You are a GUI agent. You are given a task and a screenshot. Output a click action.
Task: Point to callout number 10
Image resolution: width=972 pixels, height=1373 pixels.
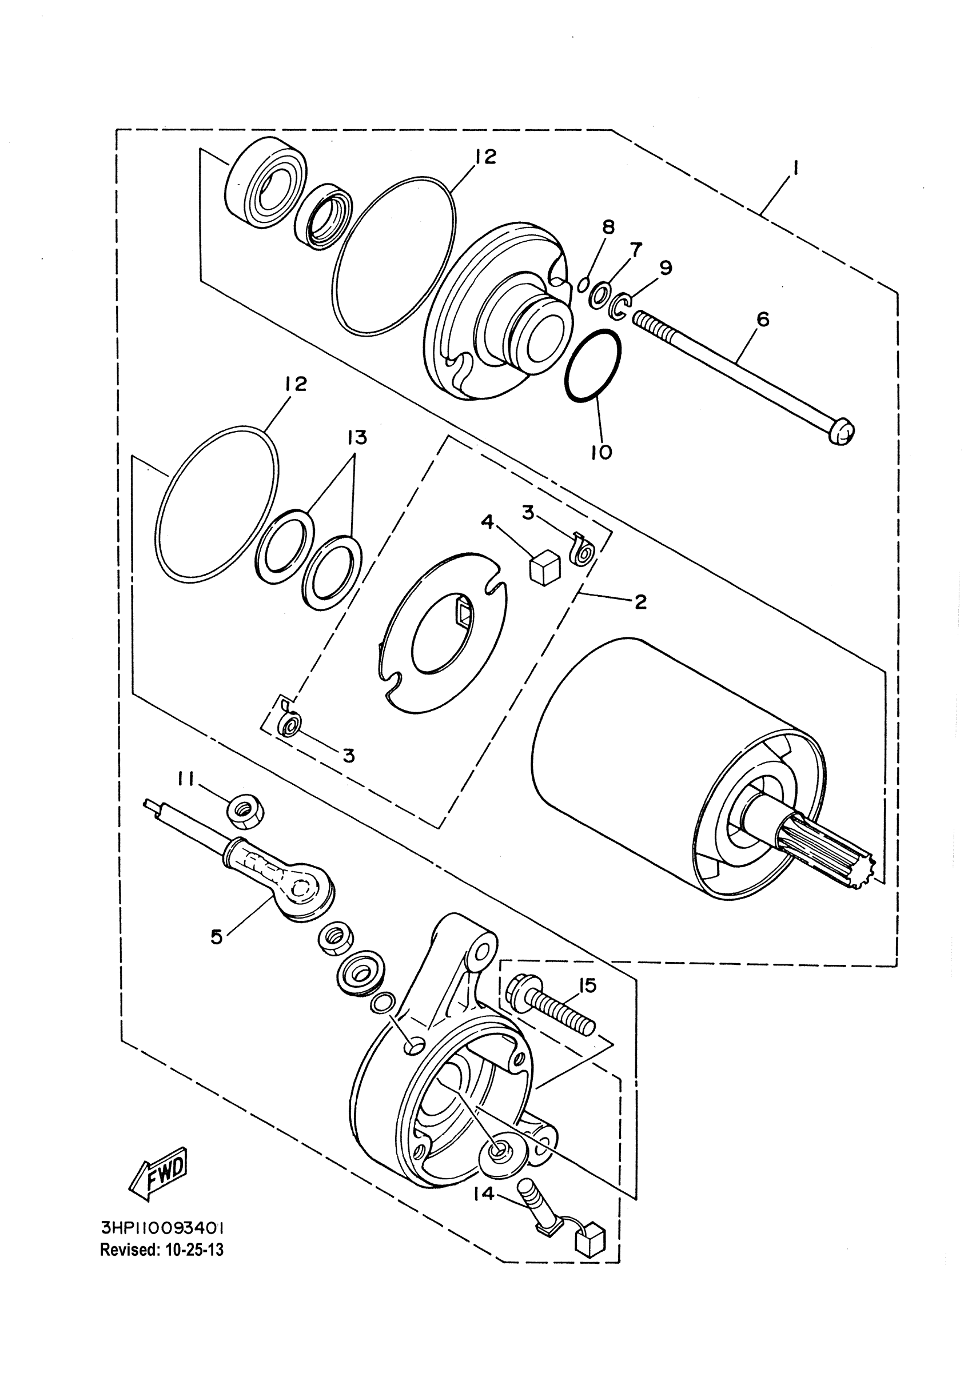click(x=601, y=452)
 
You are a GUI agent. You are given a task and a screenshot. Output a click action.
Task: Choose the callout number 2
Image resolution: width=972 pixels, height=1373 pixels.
click(x=640, y=602)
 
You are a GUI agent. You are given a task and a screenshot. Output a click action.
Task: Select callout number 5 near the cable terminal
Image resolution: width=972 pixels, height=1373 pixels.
click(x=217, y=936)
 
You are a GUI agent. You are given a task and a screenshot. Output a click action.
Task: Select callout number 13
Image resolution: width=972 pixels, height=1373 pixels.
click(x=357, y=438)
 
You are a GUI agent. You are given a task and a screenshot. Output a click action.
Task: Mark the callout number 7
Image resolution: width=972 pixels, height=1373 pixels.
click(x=636, y=249)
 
